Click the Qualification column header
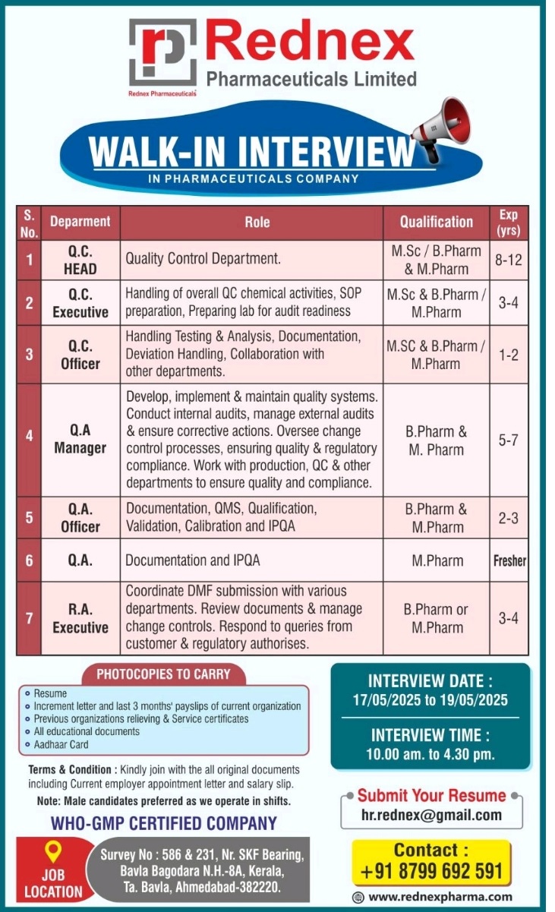pos(437,222)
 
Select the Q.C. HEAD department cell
pos(80,260)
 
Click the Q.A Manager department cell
pos(80,440)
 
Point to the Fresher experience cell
pos(509,561)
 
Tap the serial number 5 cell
pos(29,518)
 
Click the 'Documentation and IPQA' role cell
pos(193,561)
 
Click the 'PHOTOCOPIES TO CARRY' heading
pos(162,674)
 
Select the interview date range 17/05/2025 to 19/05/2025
pos(430,700)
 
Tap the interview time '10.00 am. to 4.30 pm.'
pos(430,755)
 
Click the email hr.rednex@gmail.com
pos(431,816)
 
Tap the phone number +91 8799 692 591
pos(431,871)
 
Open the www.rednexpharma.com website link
pos(440,897)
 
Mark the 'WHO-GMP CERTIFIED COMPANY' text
pos(164,823)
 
